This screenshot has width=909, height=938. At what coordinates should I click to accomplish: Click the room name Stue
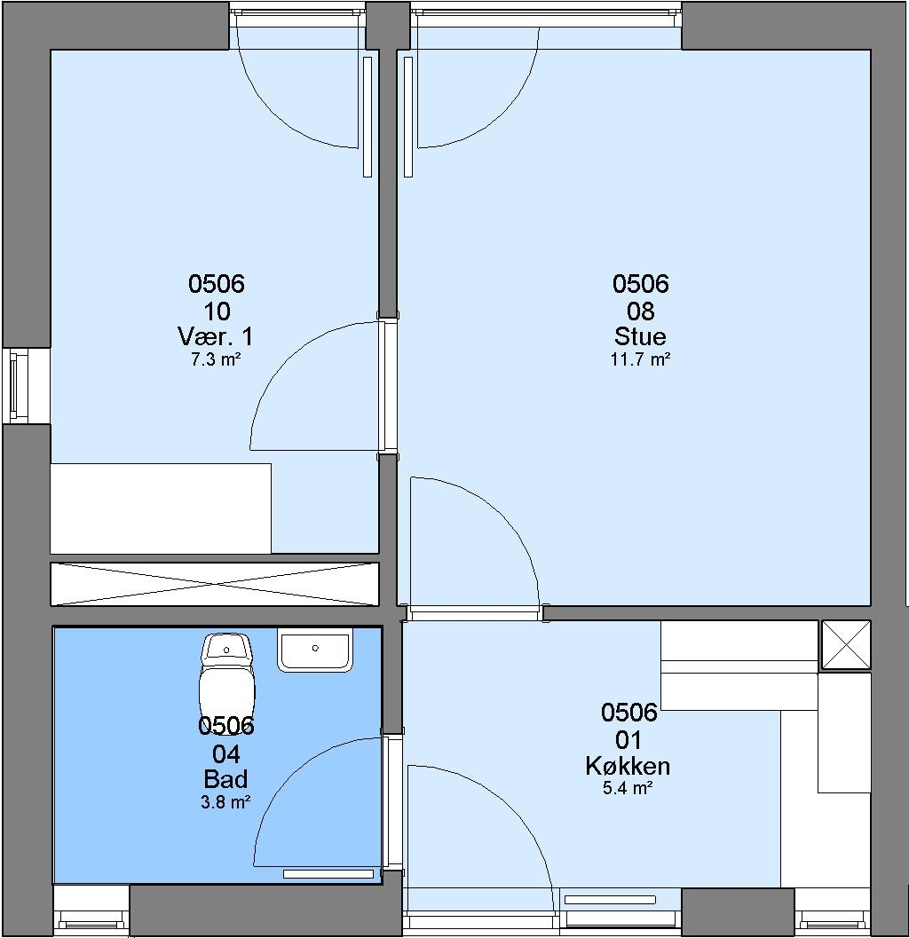tap(640, 336)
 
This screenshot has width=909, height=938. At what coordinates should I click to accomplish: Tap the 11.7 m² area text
tap(640, 359)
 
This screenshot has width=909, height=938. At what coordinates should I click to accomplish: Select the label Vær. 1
tap(216, 336)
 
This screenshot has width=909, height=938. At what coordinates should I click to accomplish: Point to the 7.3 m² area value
tap(216, 359)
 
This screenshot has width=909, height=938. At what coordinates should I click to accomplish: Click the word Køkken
tap(628, 766)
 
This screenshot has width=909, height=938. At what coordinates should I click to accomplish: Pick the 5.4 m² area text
tap(628, 788)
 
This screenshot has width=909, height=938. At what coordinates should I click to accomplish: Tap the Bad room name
tap(225, 779)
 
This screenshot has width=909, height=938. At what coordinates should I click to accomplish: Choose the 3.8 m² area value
tap(225, 802)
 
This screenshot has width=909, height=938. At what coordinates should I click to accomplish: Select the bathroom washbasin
tap(315, 650)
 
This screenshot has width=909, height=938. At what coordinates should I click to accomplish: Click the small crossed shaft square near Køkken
tap(846, 645)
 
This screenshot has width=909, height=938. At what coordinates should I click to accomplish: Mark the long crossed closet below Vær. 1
tap(215, 584)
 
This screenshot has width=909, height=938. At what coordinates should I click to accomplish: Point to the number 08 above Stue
tap(640, 311)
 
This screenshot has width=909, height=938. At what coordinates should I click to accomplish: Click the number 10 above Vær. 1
tap(217, 311)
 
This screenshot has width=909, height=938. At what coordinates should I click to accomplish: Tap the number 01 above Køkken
tap(628, 741)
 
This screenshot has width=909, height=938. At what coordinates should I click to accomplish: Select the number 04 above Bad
tap(226, 754)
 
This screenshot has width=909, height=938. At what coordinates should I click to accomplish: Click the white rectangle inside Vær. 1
tap(161, 508)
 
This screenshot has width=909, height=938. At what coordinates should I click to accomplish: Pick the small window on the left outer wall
tap(19, 386)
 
